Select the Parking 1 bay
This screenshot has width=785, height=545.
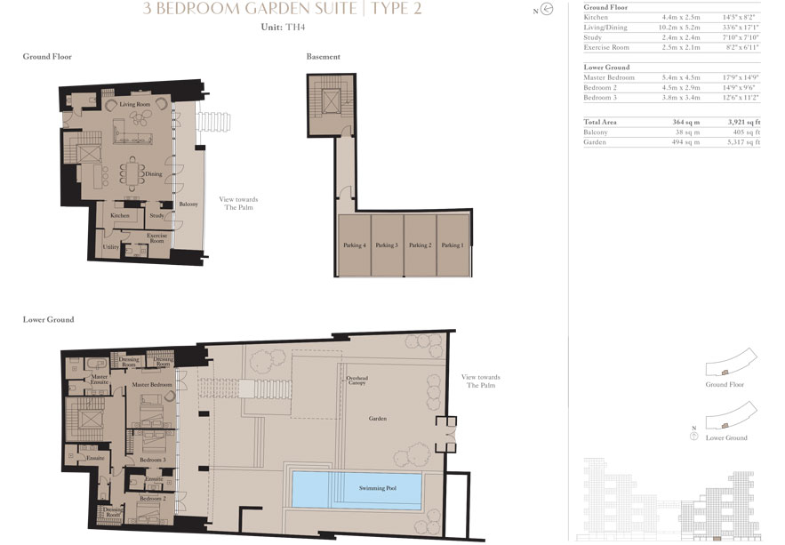tap(452, 245)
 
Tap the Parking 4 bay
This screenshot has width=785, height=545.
tap(354, 245)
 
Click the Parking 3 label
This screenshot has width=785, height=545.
tap(386, 245)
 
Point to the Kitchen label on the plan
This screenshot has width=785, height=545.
tap(120, 216)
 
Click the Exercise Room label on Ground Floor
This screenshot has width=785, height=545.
tap(156, 237)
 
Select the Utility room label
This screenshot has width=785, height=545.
tap(111, 247)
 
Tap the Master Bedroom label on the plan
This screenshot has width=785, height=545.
tap(152, 384)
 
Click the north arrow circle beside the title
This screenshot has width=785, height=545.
tap(547, 11)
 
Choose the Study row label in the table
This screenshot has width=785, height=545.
tap(593, 37)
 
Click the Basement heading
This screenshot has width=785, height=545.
tap(323, 57)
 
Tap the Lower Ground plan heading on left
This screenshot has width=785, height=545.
tap(48, 319)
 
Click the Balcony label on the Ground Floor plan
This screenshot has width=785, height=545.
tap(188, 204)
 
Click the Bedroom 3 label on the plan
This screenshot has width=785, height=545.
tap(152, 460)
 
